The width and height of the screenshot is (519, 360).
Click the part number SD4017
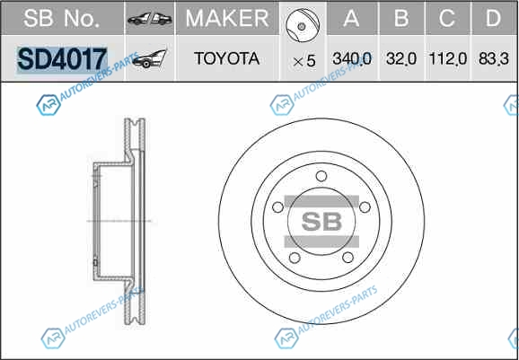62,59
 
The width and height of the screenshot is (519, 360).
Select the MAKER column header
227,18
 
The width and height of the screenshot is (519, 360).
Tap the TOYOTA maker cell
227,58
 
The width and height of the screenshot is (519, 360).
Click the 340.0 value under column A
352,59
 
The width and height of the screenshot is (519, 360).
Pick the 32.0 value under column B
401,59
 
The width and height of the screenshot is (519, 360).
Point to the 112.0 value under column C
448,59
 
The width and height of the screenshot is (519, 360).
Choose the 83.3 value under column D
494,59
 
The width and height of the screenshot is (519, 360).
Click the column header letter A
351,18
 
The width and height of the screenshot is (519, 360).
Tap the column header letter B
401,18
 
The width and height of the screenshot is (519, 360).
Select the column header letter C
447,18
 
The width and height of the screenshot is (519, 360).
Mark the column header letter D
493,18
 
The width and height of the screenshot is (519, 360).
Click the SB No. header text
62,18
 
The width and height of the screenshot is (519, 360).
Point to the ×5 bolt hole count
303,61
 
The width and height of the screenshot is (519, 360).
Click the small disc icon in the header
303,25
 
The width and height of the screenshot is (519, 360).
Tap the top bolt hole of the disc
321,176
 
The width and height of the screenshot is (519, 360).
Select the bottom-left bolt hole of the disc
295,258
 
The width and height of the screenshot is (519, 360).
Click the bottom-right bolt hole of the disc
347,258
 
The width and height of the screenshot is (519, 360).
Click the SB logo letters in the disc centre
321,222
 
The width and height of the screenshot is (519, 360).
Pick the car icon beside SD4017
150,59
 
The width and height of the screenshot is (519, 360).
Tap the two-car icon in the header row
150,20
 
